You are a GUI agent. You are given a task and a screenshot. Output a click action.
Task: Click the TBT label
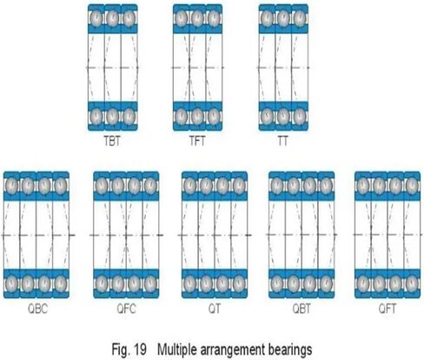tap(112, 142)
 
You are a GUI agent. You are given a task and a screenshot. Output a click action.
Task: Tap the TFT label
tap(197, 142)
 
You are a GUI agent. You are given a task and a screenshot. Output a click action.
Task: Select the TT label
tap(283, 142)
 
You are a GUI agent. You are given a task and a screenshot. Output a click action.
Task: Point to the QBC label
tap(37, 309)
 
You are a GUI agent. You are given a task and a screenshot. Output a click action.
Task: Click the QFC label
tap(126, 309)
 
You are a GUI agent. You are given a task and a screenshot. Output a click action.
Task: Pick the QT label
tap(215, 309)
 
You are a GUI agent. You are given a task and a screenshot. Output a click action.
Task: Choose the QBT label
tap(301, 309)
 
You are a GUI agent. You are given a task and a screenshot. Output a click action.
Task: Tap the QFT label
tap(388, 309)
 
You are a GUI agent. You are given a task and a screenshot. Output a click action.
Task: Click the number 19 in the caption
tap(140, 350)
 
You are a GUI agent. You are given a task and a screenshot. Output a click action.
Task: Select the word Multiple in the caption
tap(177, 350)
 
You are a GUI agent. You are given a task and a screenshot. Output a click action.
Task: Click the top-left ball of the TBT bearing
tap(96, 18)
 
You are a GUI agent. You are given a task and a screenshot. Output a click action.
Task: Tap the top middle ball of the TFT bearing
tap(197, 18)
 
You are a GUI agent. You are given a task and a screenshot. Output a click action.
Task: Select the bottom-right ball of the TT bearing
tap(299, 117)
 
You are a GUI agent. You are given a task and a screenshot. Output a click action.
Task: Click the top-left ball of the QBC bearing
tap(11, 184)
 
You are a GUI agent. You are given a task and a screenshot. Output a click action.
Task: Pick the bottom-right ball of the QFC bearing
tap(150, 282)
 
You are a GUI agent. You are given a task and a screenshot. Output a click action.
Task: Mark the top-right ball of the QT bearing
tap(239, 184)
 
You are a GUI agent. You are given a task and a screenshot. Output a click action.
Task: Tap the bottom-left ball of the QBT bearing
tap(277, 282)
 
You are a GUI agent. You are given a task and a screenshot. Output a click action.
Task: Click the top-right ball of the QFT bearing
tap(412, 184)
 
